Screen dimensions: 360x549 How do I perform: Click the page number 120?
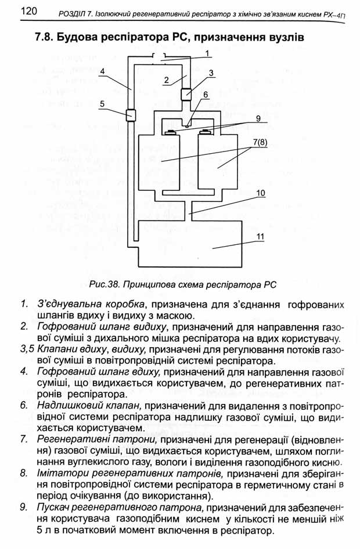(x=28, y=11)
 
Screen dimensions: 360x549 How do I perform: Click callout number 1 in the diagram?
(x=207, y=53)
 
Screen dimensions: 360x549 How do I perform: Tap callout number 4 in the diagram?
(x=102, y=71)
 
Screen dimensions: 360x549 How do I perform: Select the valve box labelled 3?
(x=186, y=94)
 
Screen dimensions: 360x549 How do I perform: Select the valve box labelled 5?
(x=131, y=114)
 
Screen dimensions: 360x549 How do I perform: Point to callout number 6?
(x=206, y=95)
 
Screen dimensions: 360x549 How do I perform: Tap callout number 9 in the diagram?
(x=258, y=118)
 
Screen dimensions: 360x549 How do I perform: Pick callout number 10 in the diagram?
(x=261, y=193)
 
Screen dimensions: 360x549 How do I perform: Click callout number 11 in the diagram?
(x=260, y=236)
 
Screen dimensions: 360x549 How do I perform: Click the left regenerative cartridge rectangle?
(x=159, y=164)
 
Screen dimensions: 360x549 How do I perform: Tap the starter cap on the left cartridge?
(x=171, y=132)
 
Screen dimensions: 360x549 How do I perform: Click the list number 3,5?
(x=27, y=349)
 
